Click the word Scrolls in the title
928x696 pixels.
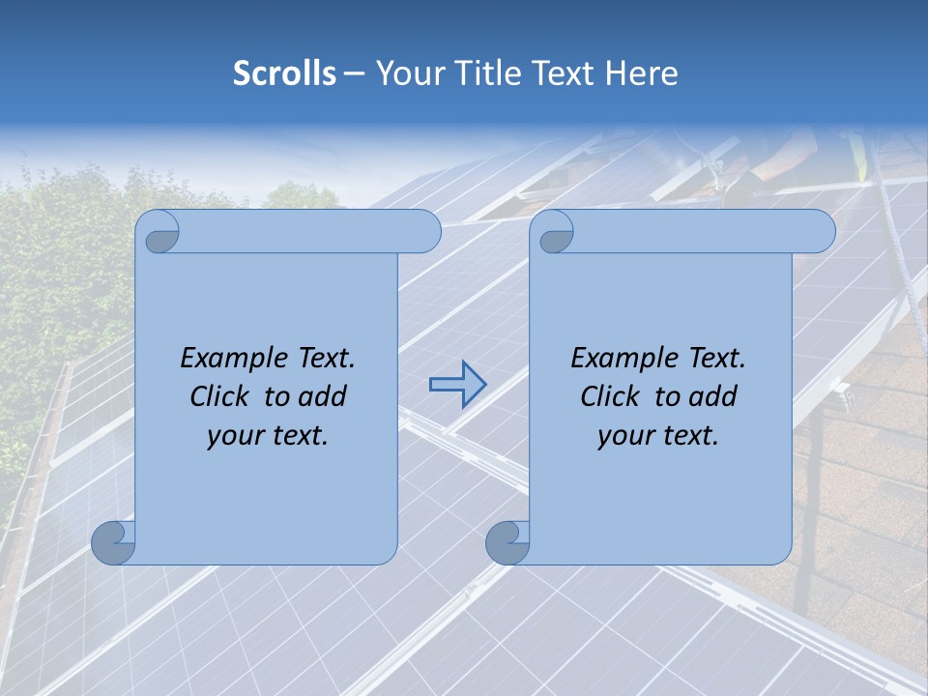284,73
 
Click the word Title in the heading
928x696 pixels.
483,73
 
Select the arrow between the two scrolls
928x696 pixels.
457,384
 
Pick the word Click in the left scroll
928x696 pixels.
222,396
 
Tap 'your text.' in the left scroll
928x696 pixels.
268,436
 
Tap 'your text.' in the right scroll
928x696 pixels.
658,436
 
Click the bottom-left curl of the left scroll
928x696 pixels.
112,543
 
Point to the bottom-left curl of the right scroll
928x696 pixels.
506,543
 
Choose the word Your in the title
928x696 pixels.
408,73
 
